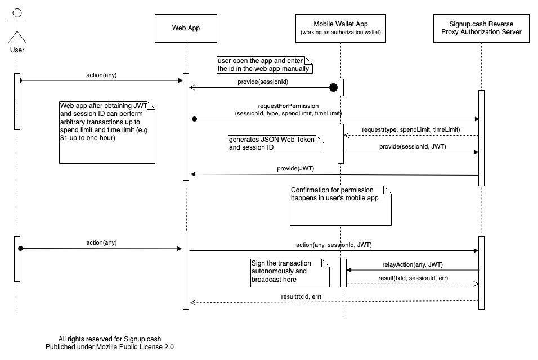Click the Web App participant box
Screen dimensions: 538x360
click(x=186, y=28)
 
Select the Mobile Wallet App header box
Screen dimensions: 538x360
click(x=340, y=28)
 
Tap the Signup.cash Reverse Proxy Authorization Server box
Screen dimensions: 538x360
click(x=481, y=28)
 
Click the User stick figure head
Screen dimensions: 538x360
click(x=17, y=13)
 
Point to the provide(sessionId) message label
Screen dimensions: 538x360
click(x=263, y=82)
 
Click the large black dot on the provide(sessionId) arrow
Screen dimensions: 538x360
click(x=333, y=87)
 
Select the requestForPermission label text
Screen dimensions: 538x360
click(x=288, y=106)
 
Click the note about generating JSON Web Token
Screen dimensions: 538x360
click(x=276, y=143)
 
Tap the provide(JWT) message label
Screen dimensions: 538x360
click(x=295, y=168)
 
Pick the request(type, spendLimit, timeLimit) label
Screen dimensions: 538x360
click(x=411, y=129)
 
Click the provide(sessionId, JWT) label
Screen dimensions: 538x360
click(x=413, y=146)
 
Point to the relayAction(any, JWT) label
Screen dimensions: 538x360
click(x=413, y=264)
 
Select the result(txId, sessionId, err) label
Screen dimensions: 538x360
click(x=413, y=278)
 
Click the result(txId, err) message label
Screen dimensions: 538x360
click(x=301, y=296)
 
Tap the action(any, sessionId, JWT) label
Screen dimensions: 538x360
click(x=334, y=245)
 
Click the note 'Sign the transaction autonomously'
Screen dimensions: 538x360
click(x=290, y=273)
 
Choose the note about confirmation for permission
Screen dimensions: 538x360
click(x=340, y=205)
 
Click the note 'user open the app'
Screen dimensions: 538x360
click(x=264, y=65)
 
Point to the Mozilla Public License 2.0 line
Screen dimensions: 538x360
click(x=110, y=347)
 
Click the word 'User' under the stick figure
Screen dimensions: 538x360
click(x=17, y=50)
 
